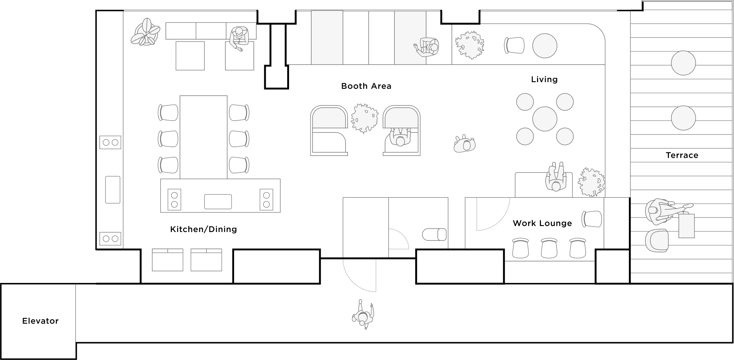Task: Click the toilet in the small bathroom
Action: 434,235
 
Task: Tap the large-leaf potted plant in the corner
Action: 145,32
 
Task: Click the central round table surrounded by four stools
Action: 545,119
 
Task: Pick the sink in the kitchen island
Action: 218,202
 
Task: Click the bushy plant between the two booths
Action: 364,118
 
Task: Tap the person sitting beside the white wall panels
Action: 428,47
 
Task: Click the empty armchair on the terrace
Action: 657,241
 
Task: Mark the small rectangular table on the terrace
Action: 686,226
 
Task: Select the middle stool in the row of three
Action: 549,248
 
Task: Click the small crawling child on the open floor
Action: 464,144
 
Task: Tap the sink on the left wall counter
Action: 113,190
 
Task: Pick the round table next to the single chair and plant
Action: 545,46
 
